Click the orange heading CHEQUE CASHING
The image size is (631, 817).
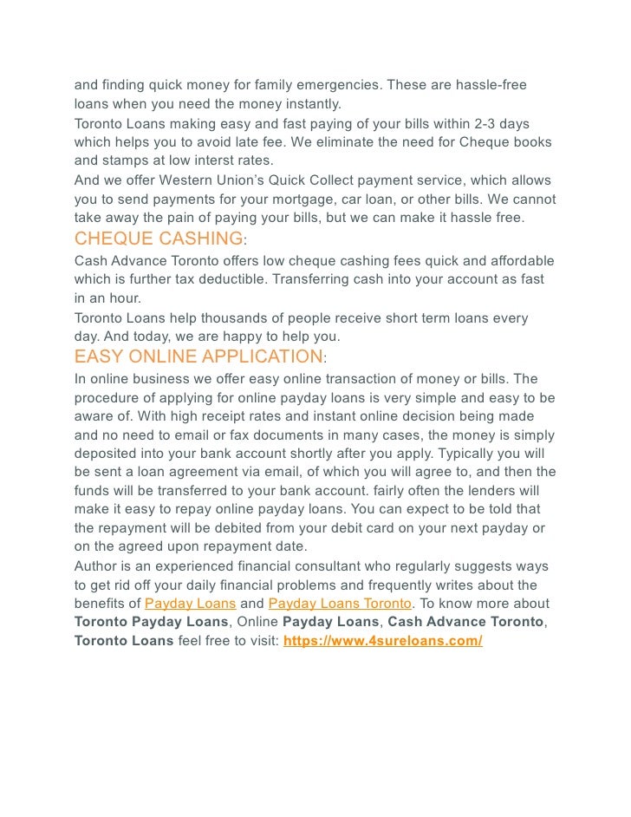tap(159, 239)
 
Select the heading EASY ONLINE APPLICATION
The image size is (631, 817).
tap(198, 356)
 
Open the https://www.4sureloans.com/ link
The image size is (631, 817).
tap(383, 641)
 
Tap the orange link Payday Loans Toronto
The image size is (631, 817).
tap(340, 604)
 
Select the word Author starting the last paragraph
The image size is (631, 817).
tap(97, 566)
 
